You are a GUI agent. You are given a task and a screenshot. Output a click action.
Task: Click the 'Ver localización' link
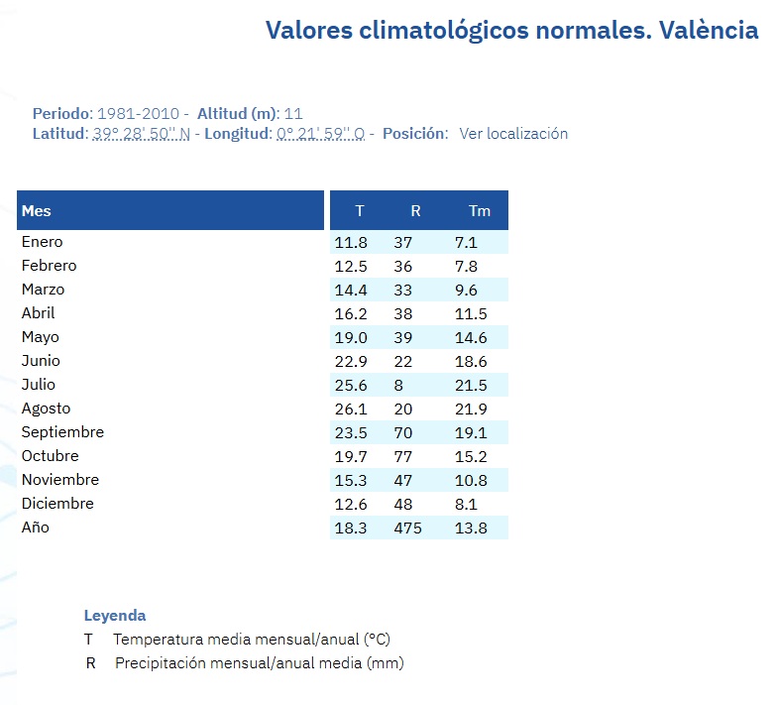[513, 134]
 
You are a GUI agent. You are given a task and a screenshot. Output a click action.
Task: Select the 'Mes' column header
[37, 210]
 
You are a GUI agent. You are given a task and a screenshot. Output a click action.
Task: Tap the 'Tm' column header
[480, 211]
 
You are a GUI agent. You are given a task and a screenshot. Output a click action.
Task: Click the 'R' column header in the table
[415, 211]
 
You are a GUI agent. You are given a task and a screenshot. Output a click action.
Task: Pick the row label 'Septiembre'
[62, 432]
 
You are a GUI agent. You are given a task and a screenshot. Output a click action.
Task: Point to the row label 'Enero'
[42, 242]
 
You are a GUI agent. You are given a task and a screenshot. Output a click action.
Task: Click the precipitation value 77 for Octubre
[403, 456]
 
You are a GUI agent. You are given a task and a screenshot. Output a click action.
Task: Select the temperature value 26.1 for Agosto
[351, 409]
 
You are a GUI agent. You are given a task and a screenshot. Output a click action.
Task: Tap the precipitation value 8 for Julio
[398, 385]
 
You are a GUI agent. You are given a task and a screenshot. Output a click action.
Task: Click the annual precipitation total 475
[407, 528]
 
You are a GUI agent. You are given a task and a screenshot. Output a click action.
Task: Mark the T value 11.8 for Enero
[351, 242]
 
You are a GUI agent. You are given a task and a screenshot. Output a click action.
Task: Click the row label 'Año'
[35, 528]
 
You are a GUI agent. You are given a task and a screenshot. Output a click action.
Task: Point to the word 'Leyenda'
[115, 615]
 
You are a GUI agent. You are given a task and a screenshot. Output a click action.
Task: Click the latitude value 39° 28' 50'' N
[141, 134]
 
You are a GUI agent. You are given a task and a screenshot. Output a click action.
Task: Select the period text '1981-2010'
[138, 113]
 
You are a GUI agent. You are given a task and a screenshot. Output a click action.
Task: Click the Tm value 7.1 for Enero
[466, 242]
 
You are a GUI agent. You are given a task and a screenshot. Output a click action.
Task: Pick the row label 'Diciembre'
[57, 504]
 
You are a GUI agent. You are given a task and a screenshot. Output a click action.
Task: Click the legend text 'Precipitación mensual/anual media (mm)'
[260, 663]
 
